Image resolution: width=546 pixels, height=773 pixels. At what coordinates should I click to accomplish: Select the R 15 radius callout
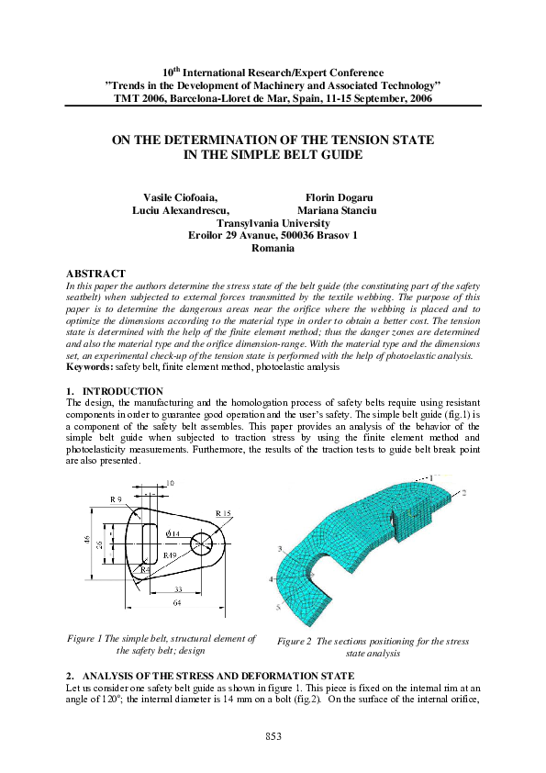(x=224, y=512)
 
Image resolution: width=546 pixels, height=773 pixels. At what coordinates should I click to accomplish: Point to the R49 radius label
(x=170, y=555)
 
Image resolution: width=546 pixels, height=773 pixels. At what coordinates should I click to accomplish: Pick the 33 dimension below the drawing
(x=178, y=589)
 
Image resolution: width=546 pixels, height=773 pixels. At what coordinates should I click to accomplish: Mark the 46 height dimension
(x=87, y=543)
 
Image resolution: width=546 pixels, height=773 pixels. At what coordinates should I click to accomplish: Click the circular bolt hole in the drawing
(x=202, y=544)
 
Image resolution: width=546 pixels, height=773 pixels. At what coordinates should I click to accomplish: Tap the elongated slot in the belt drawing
(x=148, y=543)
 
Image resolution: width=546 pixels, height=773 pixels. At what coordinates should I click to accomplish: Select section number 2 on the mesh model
(x=464, y=493)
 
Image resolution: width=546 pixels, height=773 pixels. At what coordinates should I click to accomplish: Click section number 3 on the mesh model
(x=278, y=549)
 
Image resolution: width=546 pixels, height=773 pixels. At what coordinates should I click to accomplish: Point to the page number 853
(x=273, y=736)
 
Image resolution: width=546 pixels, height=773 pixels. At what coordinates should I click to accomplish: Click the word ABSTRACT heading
(x=96, y=274)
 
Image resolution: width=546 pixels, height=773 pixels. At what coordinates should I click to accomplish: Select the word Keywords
(x=89, y=367)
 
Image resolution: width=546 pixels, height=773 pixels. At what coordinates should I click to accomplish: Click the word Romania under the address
(x=272, y=249)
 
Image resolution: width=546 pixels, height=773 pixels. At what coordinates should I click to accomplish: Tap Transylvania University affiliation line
(x=273, y=223)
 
